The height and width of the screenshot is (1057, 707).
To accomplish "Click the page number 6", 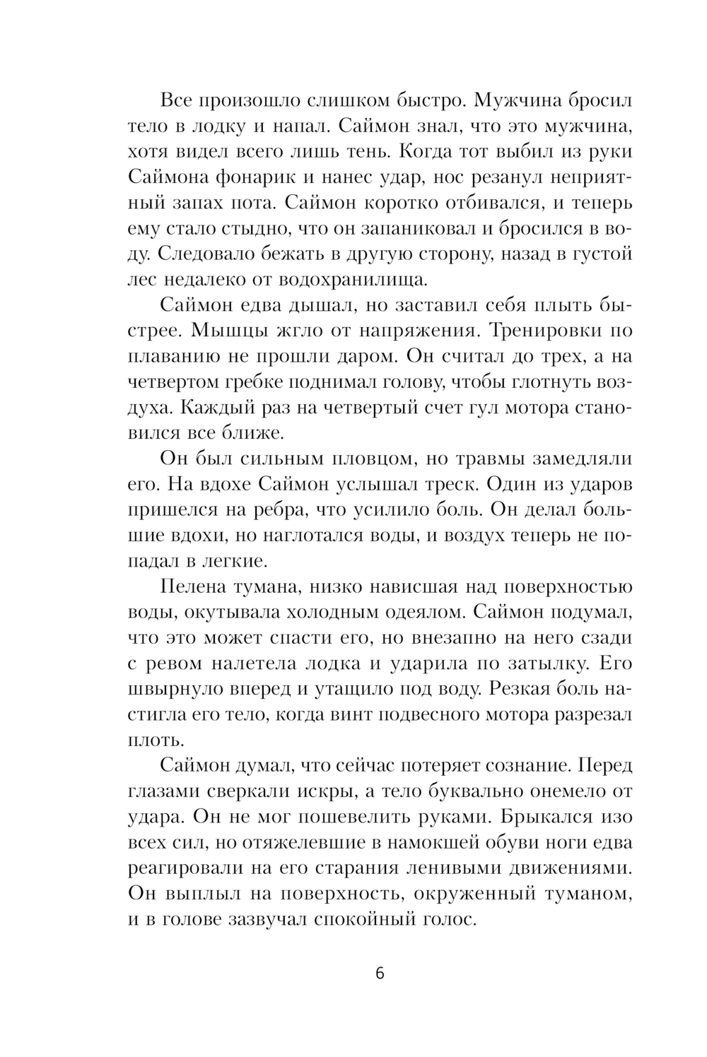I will click(380, 974).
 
